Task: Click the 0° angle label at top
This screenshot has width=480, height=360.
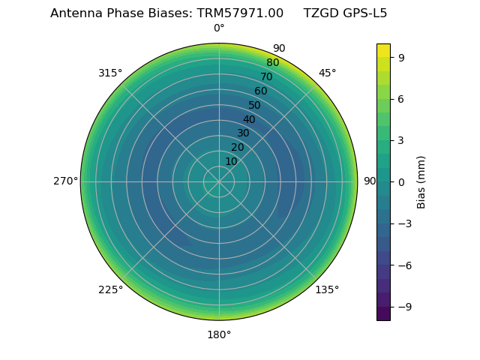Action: (x=219, y=28)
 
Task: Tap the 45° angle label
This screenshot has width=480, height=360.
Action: (x=328, y=73)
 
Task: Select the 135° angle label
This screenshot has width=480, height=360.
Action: (x=327, y=290)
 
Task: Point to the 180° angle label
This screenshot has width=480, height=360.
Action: (x=219, y=334)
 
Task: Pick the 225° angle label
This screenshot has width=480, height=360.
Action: (x=110, y=290)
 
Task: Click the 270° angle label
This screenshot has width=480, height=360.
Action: (x=65, y=181)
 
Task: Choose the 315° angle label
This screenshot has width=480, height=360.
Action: (x=110, y=73)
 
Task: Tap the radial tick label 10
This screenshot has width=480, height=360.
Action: (x=231, y=161)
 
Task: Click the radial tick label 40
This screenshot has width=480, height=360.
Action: (x=249, y=119)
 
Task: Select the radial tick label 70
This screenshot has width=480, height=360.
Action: (x=266, y=77)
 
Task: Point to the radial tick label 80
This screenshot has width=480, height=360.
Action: (x=272, y=63)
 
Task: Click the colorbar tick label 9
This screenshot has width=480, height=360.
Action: (x=401, y=57)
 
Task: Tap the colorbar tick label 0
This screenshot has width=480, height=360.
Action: (x=401, y=181)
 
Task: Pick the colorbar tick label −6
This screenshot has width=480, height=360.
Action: (x=403, y=265)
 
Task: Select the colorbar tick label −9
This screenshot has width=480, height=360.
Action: (x=403, y=307)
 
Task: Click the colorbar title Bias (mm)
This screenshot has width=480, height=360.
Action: (x=421, y=181)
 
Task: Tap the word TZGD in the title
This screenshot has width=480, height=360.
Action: (x=319, y=13)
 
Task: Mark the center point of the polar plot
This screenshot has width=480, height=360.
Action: (x=219, y=181)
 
